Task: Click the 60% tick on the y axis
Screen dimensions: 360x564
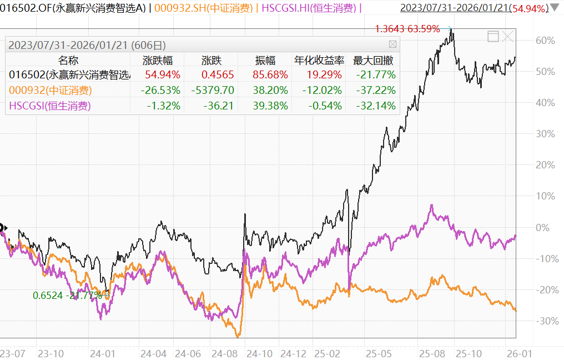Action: pos(545,41)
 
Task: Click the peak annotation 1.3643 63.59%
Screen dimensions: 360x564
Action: pos(407,28)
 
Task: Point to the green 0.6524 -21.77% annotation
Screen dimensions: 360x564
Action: pos(67,296)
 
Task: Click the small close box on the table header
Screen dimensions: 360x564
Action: pos(392,44)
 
